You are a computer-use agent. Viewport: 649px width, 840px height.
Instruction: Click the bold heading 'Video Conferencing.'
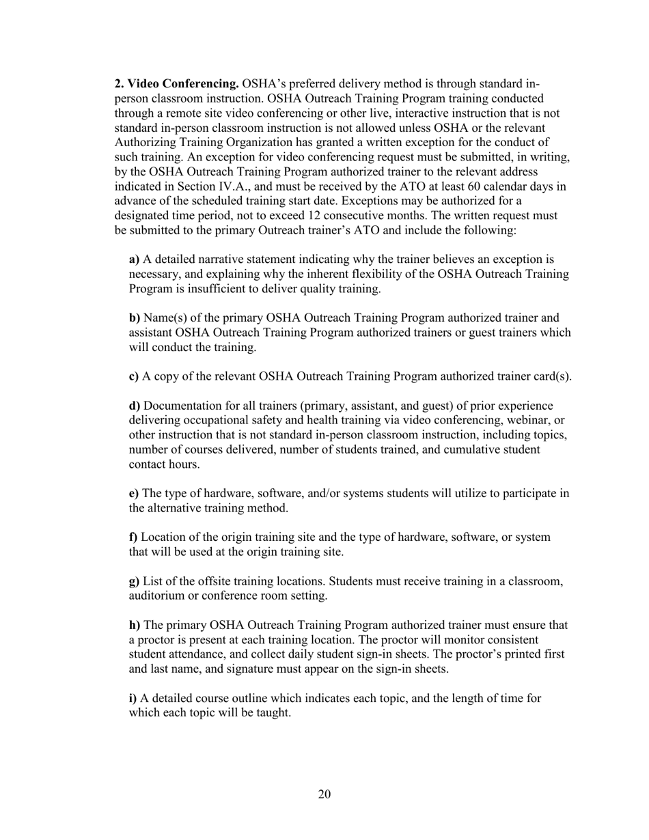point(176,84)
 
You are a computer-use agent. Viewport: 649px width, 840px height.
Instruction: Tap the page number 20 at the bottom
point(324,794)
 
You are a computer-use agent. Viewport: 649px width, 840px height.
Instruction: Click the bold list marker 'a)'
point(134,260)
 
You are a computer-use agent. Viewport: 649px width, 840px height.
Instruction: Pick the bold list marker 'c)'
point(134,376)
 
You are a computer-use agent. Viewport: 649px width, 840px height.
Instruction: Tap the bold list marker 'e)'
point(134,494)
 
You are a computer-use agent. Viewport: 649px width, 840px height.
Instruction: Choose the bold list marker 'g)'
point(134,581)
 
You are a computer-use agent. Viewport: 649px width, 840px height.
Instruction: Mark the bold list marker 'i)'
point(133,699)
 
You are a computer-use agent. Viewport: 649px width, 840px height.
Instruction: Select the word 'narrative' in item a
point(208,260)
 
